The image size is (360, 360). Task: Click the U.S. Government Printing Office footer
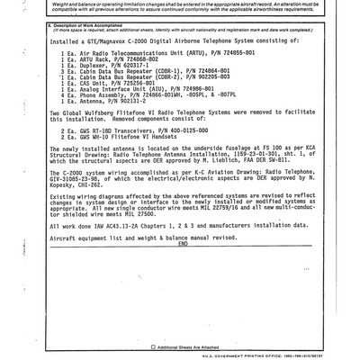(x=270, y=353)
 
